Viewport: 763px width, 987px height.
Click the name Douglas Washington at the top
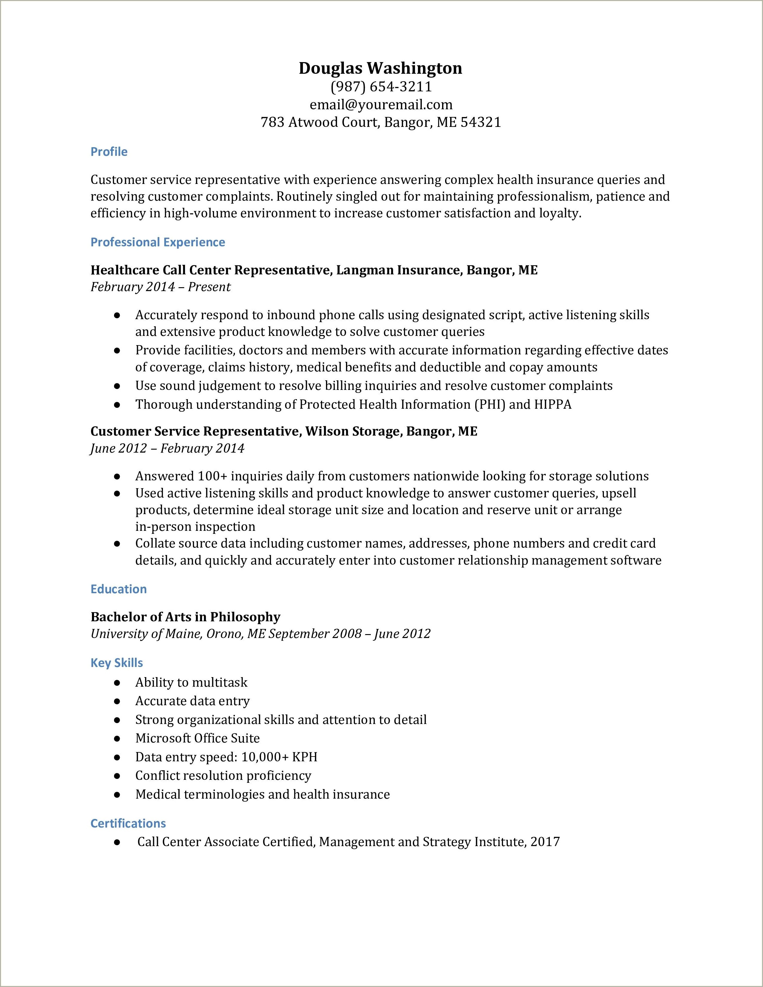381,68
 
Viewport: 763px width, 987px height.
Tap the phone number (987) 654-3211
381,86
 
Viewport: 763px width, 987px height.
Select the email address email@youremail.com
381,104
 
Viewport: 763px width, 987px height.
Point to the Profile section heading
109,152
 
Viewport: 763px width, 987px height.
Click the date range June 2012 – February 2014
167,448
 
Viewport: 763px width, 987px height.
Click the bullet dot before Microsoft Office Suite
117,738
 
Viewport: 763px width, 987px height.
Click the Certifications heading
128,823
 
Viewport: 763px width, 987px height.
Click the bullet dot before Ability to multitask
117,682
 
